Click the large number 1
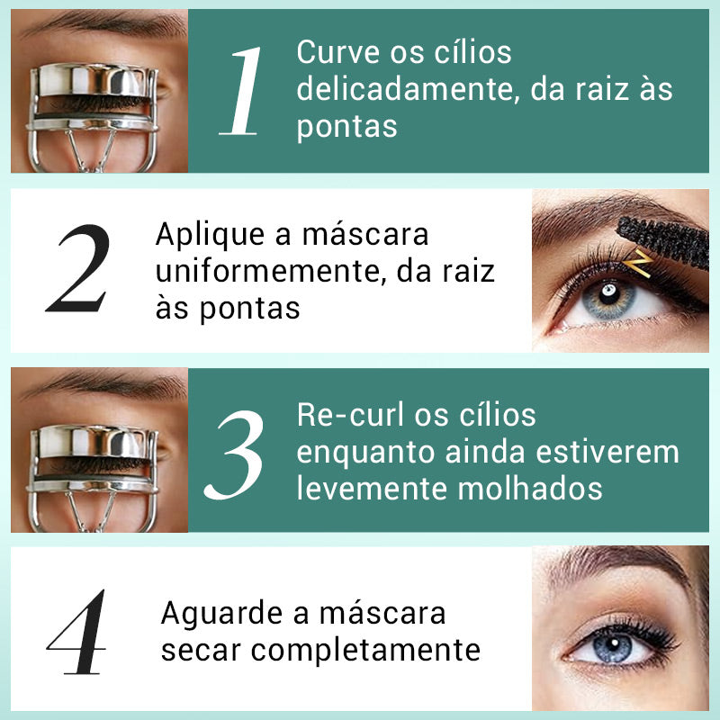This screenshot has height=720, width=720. (241, 91)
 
